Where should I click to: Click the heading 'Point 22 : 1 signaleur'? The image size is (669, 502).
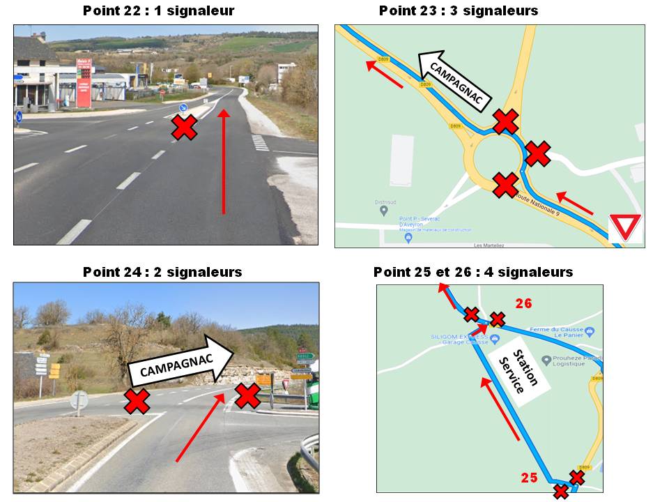tap(158, 10)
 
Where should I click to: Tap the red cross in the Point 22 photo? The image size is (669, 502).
tap(184, 128)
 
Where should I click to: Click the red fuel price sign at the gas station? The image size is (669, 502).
tap(84, 83)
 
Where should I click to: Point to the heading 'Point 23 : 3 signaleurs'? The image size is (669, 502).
tap(458, 10)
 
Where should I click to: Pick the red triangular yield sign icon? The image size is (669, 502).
tap(625, 228)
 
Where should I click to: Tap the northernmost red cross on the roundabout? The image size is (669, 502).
tap(506, 121)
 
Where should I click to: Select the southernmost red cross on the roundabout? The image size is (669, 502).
tap(505, 185)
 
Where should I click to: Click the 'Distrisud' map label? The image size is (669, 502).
tap(385, 202)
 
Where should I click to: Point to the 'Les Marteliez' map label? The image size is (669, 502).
tap(488, 245)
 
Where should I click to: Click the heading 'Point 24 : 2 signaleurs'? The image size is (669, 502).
tap(162, 272)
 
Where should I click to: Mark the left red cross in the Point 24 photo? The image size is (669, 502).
tap(137, 400)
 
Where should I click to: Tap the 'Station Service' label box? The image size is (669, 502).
tap(519, 372)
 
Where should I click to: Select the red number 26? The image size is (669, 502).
tap(523, 303)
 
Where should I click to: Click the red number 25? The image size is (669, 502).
tap(530, 478)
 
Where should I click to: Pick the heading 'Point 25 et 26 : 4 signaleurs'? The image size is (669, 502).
tap(472, 272)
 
